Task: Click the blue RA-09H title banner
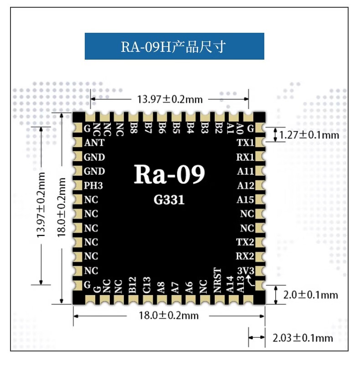174,46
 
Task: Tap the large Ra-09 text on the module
169,174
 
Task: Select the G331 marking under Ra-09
169,200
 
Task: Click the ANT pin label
94,142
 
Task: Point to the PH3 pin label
93,186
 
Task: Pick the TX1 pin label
245,142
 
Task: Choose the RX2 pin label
245,256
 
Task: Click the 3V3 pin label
246,271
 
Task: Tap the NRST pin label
217,280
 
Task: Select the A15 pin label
245,200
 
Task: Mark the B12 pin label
133,285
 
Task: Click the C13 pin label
147,285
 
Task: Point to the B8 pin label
134,128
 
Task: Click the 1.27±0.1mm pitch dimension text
309,135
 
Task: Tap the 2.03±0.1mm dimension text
303,338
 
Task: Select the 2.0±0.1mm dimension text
310,295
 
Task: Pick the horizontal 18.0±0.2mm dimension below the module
169,315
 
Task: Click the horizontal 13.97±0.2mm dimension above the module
170,99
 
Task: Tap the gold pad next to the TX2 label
260,242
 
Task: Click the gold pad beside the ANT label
77,142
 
